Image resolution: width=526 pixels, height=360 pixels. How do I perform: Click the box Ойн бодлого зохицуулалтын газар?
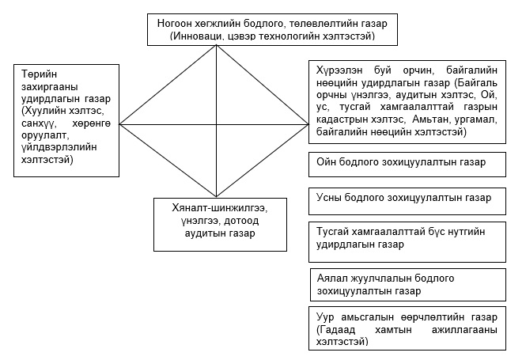coord(407,163)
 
